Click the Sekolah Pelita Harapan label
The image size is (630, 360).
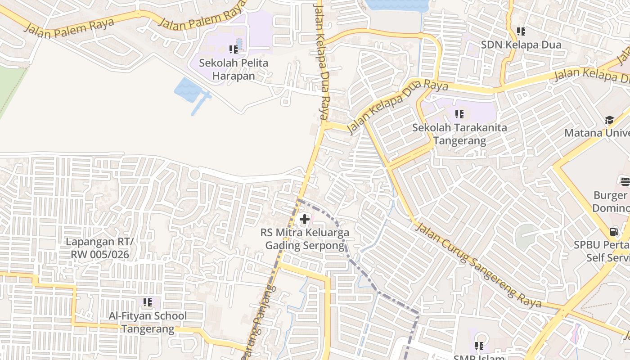click(234, 69)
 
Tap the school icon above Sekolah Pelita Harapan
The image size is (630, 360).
click(233, 49)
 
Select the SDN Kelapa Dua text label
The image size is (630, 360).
click(521, 45)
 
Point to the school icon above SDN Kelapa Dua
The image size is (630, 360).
click(521, 31)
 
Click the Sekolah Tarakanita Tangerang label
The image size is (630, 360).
click(459, 134)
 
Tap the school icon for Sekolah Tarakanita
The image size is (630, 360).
click(459, 114)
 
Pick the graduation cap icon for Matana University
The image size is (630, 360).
click(609, 120)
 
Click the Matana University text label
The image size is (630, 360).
click(597, 133)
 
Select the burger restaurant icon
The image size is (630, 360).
click(625, 181)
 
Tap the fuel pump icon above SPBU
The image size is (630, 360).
click(614, 232)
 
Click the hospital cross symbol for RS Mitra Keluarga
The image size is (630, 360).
click(305, 220)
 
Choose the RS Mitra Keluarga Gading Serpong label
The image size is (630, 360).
click(305, 239)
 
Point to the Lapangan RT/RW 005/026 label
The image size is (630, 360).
click(99, 248)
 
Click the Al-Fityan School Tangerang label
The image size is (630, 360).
click(148, 322)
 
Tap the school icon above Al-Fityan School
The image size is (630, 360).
click(147, 302)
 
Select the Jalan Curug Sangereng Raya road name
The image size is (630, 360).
click(478, 264)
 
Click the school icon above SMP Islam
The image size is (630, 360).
click(479, 346)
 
